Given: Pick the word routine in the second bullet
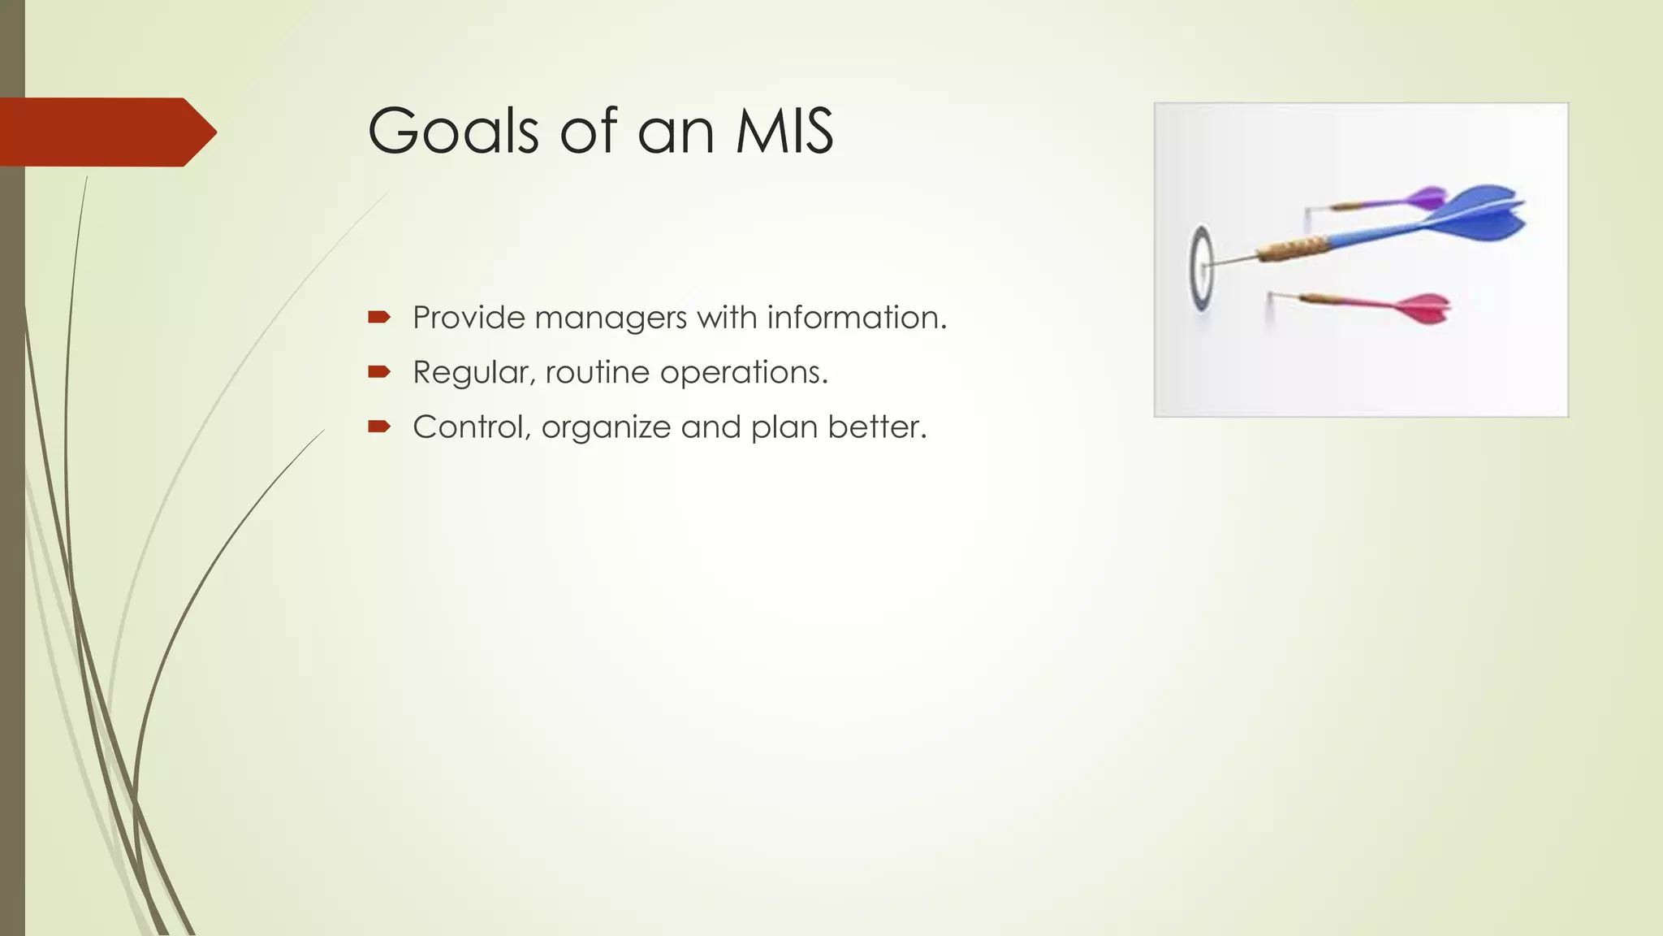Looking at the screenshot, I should (x=598, y=373).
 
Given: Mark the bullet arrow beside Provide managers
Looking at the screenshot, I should (x=379, y=317).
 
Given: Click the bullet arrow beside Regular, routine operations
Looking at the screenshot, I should (x=379, y=372).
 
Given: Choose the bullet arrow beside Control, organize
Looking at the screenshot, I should (x=379, y=427).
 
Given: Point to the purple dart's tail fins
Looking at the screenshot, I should (x=1427, y=197).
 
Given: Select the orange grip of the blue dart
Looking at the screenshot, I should (x=1293, y=246).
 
